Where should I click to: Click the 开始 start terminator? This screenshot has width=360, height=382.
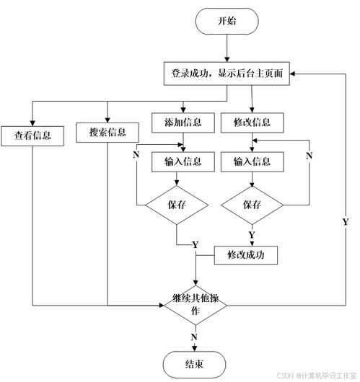[227, 22]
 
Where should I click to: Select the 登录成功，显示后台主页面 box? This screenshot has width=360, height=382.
[227, 74]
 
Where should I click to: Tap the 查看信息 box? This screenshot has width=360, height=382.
[32, 134]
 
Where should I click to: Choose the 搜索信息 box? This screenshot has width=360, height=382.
[107, 133]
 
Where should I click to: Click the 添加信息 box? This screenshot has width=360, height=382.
[177, 122]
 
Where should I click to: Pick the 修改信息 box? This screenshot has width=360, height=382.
[252, 122]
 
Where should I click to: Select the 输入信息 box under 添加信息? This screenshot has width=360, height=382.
[177, 161]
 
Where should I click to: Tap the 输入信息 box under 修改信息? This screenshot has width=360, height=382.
[252, 161]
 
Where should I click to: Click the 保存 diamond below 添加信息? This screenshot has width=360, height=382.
[177, 204]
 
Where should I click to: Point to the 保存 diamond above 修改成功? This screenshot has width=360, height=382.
[252, 204]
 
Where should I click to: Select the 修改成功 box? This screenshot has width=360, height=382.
[246, 255]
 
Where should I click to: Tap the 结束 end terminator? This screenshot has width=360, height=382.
[195, 363]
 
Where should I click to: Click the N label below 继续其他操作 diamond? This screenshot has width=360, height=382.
[194, 337]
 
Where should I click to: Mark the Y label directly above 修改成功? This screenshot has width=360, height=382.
[251, 236]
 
